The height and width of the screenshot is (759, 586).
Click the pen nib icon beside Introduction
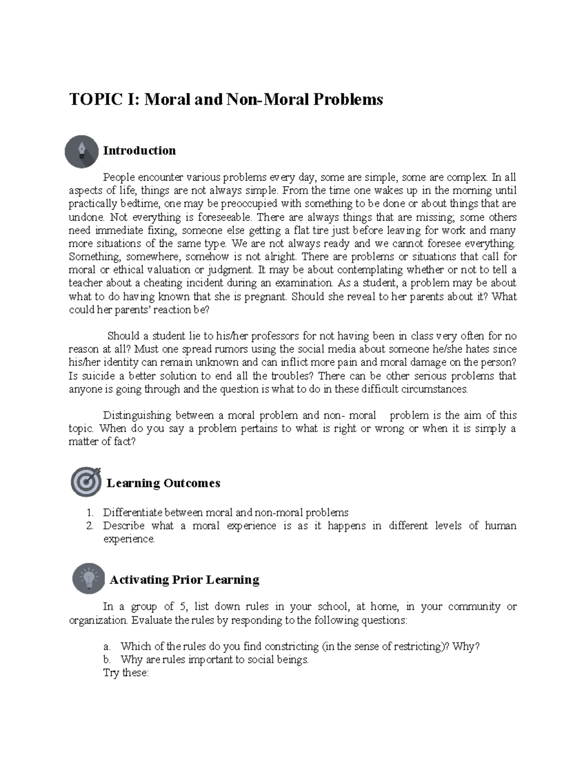[x=82, y=152]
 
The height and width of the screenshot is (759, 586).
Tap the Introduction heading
[x=139, y=151]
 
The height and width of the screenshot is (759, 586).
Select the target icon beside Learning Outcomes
[x=86, y=482]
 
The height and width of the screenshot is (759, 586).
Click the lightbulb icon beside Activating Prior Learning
[x=89, y=578]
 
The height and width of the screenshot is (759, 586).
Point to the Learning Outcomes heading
[x=163, y=483]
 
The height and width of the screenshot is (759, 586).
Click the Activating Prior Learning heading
[x=184, y=580]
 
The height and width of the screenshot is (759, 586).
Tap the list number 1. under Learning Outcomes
[x=89, y=513]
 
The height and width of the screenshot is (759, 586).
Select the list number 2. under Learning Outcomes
[x=89, y=526]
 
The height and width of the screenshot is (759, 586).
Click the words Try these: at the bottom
[x=126, y=673]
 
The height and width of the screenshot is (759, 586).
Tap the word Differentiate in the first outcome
[x=132, y=513]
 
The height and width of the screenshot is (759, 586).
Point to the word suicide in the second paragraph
[x=95, y=376]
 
